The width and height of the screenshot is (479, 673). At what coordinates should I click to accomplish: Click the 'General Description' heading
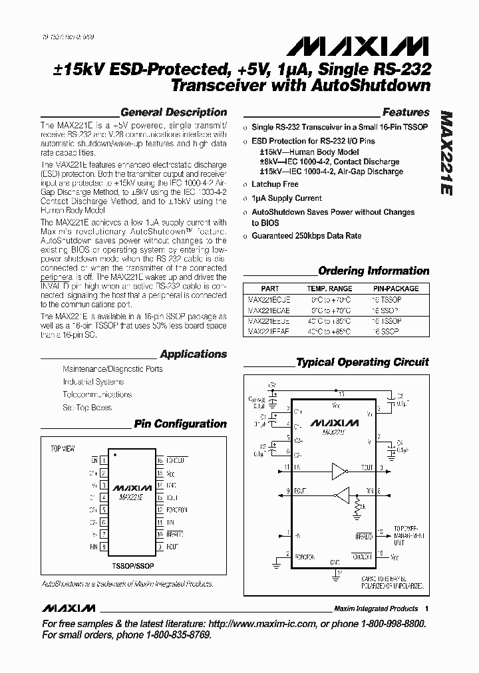[x=174, y=112]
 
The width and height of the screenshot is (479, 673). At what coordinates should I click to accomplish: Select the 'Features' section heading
[x=406, y=112]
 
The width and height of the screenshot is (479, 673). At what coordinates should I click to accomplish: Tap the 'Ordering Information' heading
[x=374, y=271]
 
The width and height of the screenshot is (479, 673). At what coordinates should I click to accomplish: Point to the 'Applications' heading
[x=194, y=354]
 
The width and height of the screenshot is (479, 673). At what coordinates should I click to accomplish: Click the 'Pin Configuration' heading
[x=180, y=424]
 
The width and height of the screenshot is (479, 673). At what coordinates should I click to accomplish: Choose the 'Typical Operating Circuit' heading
[x=363, y=362]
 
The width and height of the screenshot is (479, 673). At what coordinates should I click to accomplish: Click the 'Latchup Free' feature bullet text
[x=275, y=184]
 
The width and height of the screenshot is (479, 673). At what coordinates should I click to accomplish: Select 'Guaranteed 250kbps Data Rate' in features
[x=306, y=235]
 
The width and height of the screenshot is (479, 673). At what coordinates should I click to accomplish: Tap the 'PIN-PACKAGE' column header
[x=397, y=289]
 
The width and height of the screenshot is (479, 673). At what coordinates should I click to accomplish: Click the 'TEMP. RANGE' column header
[x=329, y=289]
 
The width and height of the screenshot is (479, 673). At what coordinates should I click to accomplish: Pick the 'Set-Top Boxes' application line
[x=87, y=407]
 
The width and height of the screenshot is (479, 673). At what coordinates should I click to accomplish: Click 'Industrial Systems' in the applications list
[x=93, y=382]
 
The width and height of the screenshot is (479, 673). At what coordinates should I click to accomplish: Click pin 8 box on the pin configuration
[x=104, y=546]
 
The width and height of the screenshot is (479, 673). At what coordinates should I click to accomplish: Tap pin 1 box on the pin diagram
[x=104, y=460]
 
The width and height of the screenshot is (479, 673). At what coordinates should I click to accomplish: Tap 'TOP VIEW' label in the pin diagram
[x=63, y=449]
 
